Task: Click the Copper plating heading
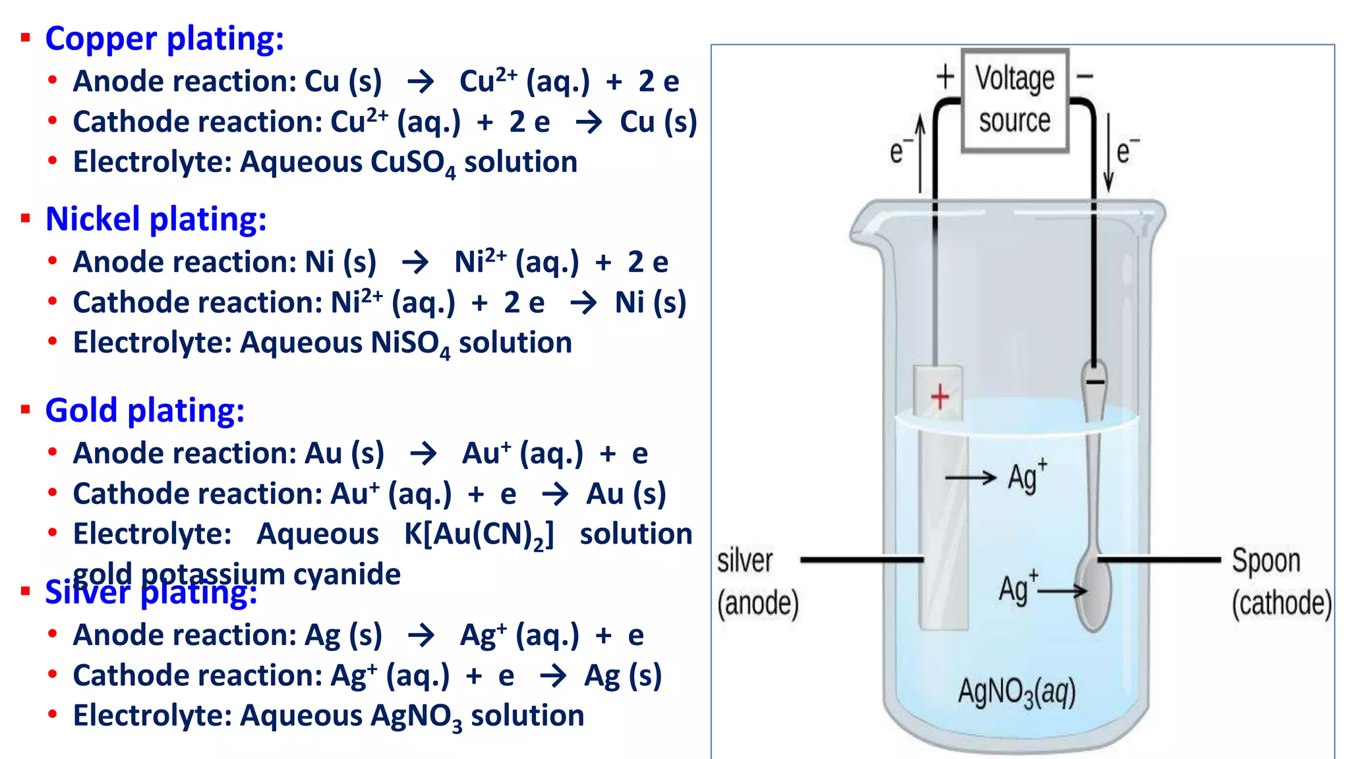click(x=164, y=39)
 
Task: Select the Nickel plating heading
click(x=156, y=219)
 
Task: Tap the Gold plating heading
click(x=144, y=410)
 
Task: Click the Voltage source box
click(x=1014, y=100)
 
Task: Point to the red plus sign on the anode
click(x=940, y=397)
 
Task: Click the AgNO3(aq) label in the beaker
click(x=1016, y=692)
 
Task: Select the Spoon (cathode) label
click(x=1281, y=582)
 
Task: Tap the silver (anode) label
click(x=757, y=582)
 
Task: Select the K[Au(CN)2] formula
click(x=479, y=535)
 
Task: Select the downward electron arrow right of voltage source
click(x=1108, y=153)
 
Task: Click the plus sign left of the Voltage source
click(x=945, y=76)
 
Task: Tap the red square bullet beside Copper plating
click(x=26, y=38)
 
